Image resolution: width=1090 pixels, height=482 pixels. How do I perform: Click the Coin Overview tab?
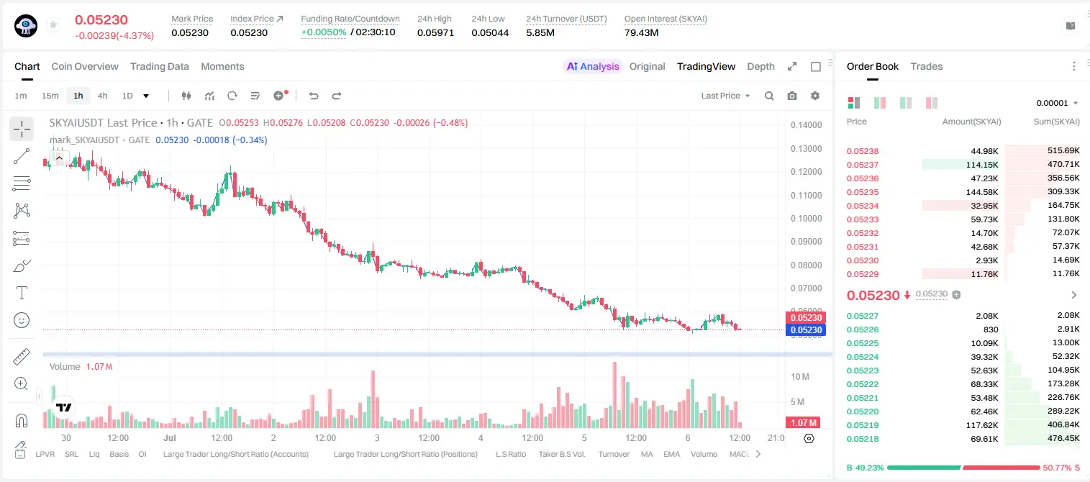[x=85, y=66]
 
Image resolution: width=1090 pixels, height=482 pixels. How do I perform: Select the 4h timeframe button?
[x=102, y=96]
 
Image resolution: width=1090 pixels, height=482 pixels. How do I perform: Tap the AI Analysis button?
[x=593, y=66]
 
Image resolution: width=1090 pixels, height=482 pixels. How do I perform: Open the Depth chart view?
[x=760, y=66]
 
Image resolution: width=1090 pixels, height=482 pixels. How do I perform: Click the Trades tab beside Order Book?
[x=927, y=66]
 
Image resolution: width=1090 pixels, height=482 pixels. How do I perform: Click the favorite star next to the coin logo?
[x=53, y=24]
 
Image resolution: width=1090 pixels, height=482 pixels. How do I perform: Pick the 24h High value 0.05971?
[x=435, y=32]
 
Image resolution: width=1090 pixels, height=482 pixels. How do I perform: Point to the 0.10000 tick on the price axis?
[x=807, y=219]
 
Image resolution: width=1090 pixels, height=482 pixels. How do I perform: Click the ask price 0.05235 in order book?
[x=862, y=192]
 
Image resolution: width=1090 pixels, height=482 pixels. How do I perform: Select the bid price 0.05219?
[x=862, y=425]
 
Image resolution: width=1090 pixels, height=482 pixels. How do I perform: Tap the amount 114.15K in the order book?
[x=982, y=165]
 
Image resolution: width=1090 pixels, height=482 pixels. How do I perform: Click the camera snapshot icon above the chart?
[x=792, y=96]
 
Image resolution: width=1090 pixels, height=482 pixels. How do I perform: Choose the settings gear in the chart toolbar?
[x=815, y=96]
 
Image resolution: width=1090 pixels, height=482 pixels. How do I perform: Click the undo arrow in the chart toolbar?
[x=314, y=96]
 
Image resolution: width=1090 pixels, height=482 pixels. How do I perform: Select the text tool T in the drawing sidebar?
[x=22, y=293]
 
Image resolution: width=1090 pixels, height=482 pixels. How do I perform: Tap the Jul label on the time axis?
[x=169, y=437]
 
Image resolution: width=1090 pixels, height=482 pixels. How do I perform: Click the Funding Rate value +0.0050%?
[x=324, y=32]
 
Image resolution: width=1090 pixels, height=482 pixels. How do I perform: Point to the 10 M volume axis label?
[x=800, y=377]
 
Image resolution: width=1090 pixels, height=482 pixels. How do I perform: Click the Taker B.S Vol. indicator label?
[x=561, y=454]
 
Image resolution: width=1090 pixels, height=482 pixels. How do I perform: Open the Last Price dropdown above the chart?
[x=725, y=96]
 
